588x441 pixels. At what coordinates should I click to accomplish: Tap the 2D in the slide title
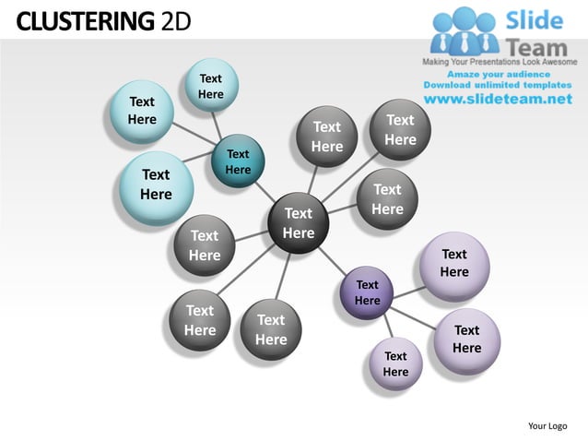pyautogui.click(x=175, y=19)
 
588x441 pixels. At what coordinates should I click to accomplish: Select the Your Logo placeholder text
pyautogui.click(x=547, y=425)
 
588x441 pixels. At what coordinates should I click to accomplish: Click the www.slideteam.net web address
pyautogui.click(x=498, y=99)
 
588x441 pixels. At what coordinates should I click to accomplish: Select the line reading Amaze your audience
pyautogui.click(x=499, y=73)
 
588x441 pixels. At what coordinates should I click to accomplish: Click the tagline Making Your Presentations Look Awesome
pyautogui.click(x=499, y=61)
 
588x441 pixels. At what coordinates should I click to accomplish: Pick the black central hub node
pyautogui.click(x=298, y=223)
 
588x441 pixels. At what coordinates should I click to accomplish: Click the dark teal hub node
pyautogui.click(x=238, y=162)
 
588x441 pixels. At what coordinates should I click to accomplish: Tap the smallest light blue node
pyautogui.click(x=211, y=87)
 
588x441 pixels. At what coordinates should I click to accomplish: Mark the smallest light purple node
pyautogui.click(x=395, y=364)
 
